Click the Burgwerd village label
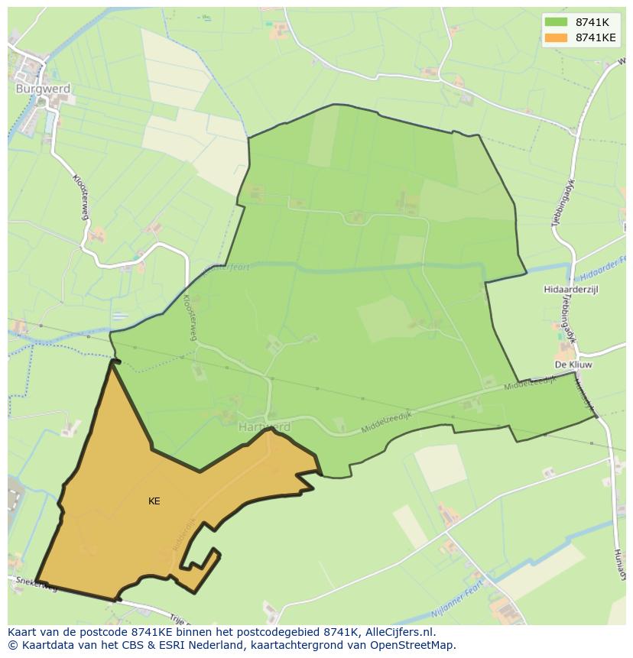pyautogui.click(x=43, y=89)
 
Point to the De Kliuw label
pyautogui.click(x=574, y=365)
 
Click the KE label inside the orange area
pyautogui.click(x=154, y=501)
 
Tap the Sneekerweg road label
pyautogui.click(x=36, y=585)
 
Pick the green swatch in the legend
pyautogui.click(x=556, y=22)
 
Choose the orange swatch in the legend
pyautogui.click(x=556, y=37)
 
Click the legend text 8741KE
pyautogui.click(x=596, y=37)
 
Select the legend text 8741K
pyautogui.click(x=592, y=22)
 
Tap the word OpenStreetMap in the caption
pyautogui.click(x=416, y=645)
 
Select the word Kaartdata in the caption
pyautogui.click(x=45, y=645)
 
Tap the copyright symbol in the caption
pyautogui.click(x=12, y=645)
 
